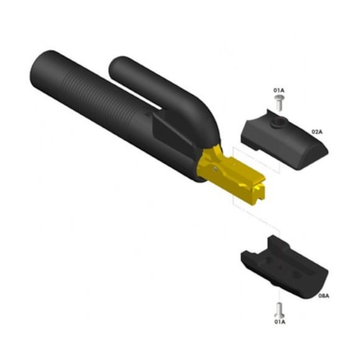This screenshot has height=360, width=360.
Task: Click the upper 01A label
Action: pos(279,92)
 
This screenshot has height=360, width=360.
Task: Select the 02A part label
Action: pos(318,131)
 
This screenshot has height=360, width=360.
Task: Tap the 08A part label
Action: pos(323,297)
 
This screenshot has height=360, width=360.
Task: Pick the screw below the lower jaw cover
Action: pos(279,308)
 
